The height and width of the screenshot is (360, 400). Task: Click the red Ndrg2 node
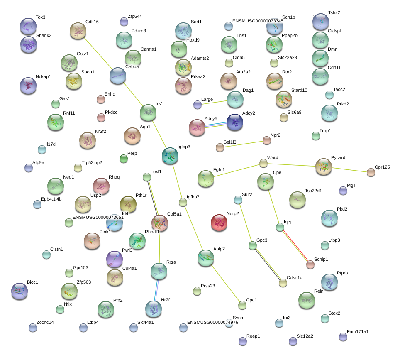(219, 223)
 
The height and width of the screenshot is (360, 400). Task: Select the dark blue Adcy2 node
(235, 122)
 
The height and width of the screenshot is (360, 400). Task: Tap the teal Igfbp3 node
(170, 156)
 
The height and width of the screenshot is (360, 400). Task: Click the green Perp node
(124, 159)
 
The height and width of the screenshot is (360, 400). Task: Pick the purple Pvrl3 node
(115, 259)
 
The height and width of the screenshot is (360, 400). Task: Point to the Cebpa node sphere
(117, 76)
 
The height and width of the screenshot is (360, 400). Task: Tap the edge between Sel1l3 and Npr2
(244, 144)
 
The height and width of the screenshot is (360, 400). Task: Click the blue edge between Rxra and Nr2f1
(156, 290)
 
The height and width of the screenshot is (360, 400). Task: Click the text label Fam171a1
(358, 331)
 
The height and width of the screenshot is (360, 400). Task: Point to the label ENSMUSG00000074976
(212, 322)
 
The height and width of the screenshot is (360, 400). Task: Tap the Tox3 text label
(40, 17)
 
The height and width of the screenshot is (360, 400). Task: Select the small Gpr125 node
(371, 173)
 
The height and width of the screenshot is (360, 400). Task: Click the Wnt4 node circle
(263, 164)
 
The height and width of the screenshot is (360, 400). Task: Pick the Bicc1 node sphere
(20, 291)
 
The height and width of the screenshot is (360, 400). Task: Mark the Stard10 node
(284, 99)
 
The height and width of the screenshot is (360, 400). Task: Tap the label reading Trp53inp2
(92, 162)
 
